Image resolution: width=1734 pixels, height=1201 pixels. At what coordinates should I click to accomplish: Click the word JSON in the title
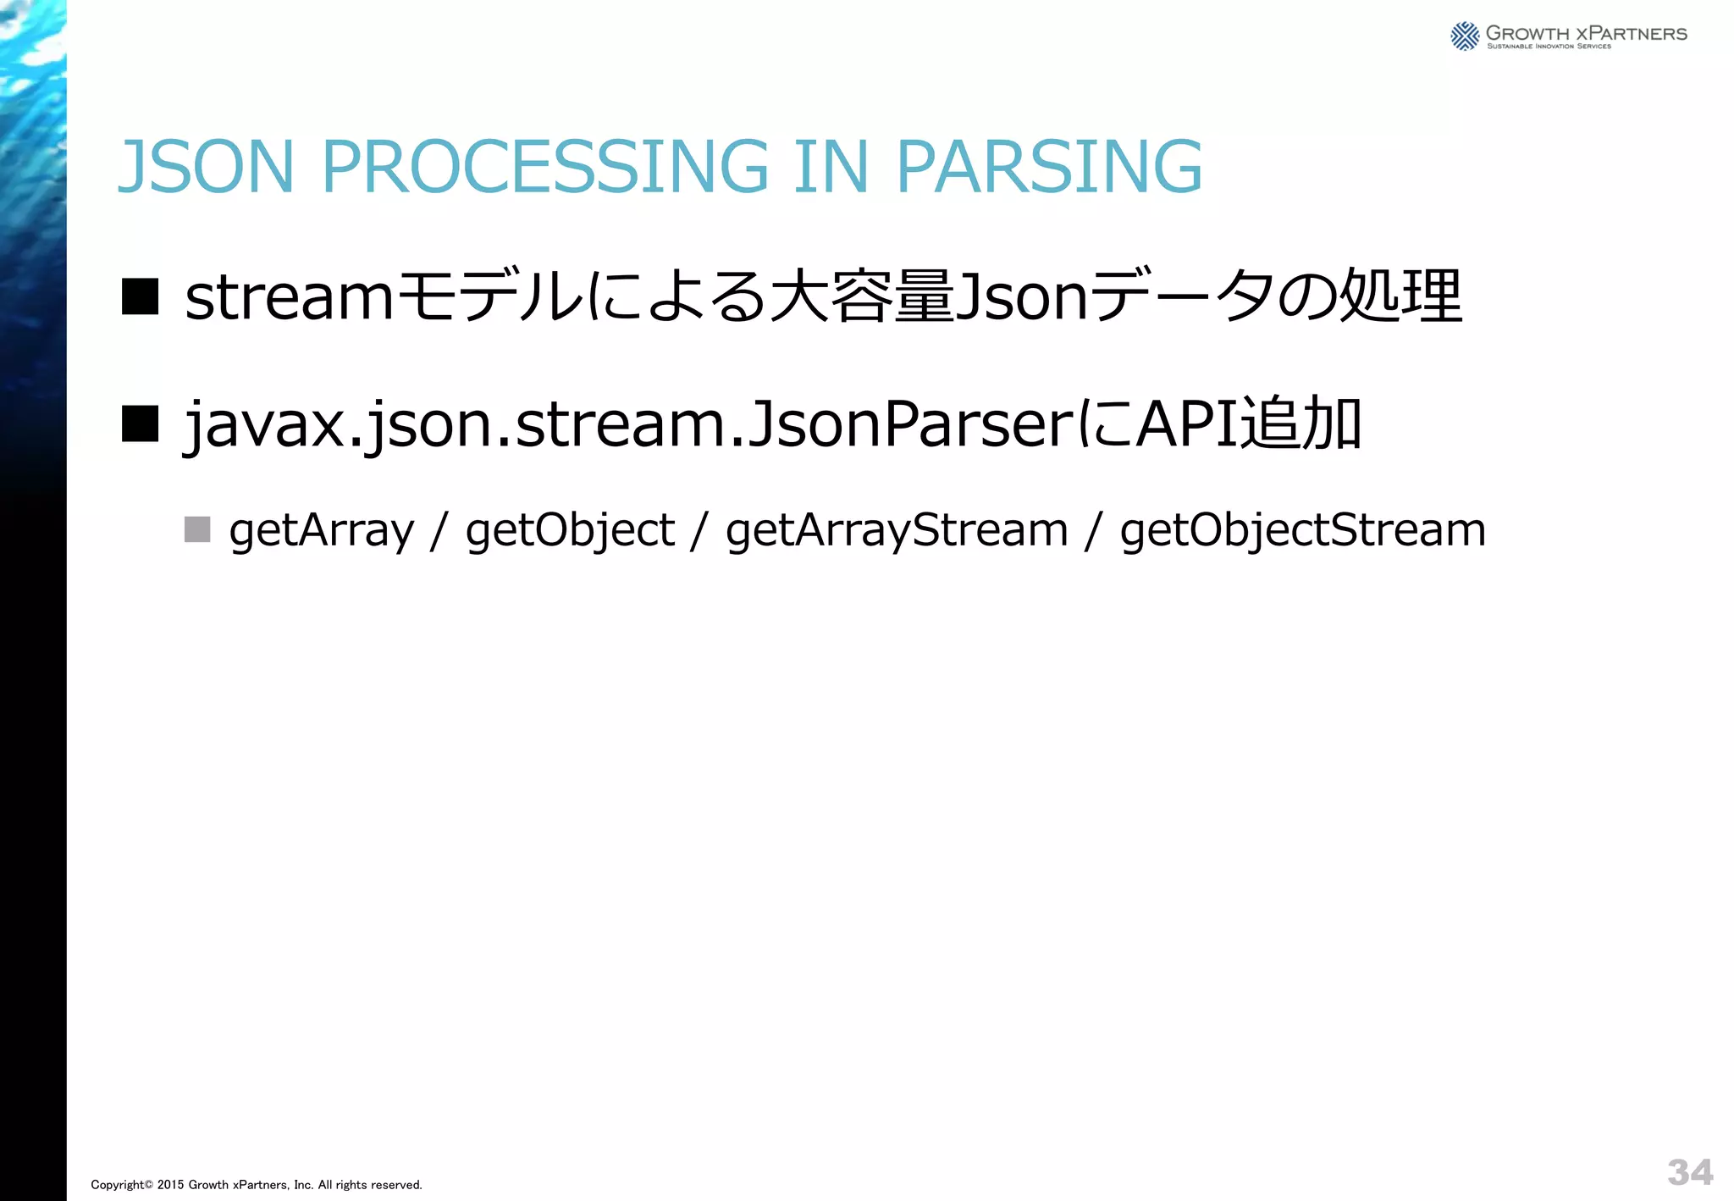click(x=206, y=167)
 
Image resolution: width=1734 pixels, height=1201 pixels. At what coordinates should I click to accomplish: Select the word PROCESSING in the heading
click(x=545, y=167)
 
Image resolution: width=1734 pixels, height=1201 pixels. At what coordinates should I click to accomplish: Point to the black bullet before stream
click(x=140, y=297)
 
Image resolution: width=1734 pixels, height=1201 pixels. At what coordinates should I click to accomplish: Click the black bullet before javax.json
click(x=140, y=423)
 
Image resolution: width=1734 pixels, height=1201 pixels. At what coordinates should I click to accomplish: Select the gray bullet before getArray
click(x=197, y=529)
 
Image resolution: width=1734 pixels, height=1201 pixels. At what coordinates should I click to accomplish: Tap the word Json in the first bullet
click(x=1019, y=298)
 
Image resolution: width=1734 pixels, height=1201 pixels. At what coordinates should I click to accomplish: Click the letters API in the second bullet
click(x=1185, y=423)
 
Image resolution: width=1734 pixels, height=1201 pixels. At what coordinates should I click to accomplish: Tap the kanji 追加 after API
click(x=1299, y=423)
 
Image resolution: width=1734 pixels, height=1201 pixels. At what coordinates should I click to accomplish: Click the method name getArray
click(x=322, y=531)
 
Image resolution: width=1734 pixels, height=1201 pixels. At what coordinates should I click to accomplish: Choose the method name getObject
click(x=570, y=531)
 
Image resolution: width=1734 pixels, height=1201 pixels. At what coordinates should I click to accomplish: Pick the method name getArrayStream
click(x=897, y=531)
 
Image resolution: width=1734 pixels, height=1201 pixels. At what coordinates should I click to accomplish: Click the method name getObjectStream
click(x=1302, y=531)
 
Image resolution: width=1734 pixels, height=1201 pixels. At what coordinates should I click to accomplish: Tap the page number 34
click(x=1690, y=1172)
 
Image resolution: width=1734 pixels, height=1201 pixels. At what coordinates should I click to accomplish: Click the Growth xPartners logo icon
click(x=1464, y=36)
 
